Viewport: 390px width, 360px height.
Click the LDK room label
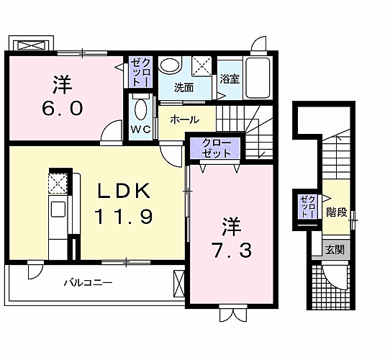[124, 191]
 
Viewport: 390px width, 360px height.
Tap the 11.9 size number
[123, 217]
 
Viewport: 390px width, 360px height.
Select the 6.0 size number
[62, 109]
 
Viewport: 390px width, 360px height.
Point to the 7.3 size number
[231, 250]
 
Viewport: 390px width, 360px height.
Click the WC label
[141, 129]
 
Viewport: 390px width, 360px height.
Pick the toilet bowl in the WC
[141, 109]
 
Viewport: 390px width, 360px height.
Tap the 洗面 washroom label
[183, 88]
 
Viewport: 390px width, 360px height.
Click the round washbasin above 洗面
[170, 66]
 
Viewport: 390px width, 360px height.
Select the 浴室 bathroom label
[230, 79]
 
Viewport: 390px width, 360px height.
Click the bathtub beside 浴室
[258, 78]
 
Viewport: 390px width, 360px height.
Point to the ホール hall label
[184, 120]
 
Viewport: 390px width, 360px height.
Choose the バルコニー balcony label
[89, 282]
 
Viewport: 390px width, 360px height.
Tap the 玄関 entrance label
[335, 249]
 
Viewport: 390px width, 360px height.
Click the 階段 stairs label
[337, 212]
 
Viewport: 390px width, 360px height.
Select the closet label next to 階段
[308, 207]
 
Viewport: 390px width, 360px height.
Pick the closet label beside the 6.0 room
[141, 72]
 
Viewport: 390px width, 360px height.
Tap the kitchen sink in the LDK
[58, 209]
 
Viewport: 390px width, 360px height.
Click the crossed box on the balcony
[179, 284]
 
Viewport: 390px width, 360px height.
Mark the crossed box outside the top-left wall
[32, 45]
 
